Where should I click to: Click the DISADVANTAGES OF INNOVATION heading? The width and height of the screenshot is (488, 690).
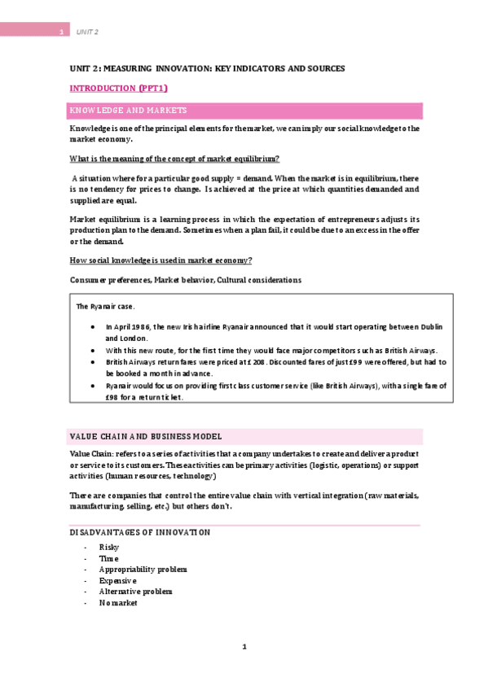tap(139, 532)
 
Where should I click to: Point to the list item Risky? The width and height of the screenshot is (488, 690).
tap(108, 548)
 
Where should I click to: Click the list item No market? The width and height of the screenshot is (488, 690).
tap(118, 603)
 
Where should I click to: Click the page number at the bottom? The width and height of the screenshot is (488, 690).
tap(244, 647)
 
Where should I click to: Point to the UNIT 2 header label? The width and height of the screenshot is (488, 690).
tap(87, 32)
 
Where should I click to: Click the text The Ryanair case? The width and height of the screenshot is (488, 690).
tap(105, 307)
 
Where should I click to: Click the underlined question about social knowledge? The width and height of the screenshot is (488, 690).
tap(160, 260)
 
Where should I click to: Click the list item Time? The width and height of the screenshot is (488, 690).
tap(108, 559)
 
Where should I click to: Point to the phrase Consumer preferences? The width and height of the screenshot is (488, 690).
tap(106, 280)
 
